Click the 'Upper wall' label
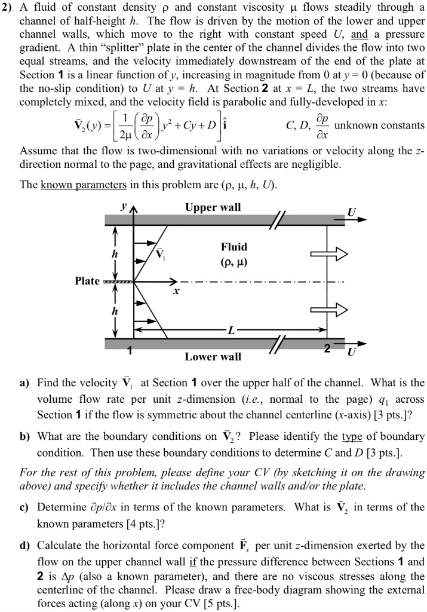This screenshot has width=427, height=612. pos(213,207)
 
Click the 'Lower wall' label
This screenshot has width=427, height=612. pos(213,357)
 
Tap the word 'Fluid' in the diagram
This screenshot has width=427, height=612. pos(234,246)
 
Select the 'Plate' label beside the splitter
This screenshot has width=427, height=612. pos(87,280)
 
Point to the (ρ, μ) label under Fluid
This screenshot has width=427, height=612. pos(234,261)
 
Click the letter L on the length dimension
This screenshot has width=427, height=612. pos(232,329)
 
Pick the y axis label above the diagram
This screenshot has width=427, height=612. pos(125,204)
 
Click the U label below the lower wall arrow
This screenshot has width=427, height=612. pos(351,353)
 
